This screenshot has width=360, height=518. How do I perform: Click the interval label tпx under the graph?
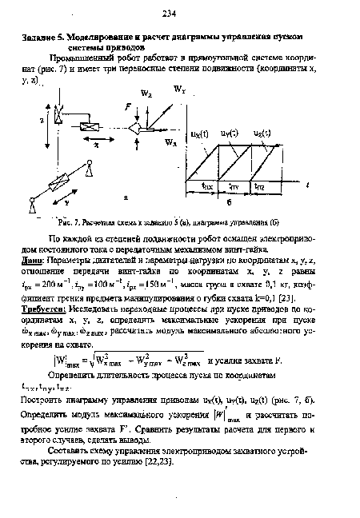tap(206, 185)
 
